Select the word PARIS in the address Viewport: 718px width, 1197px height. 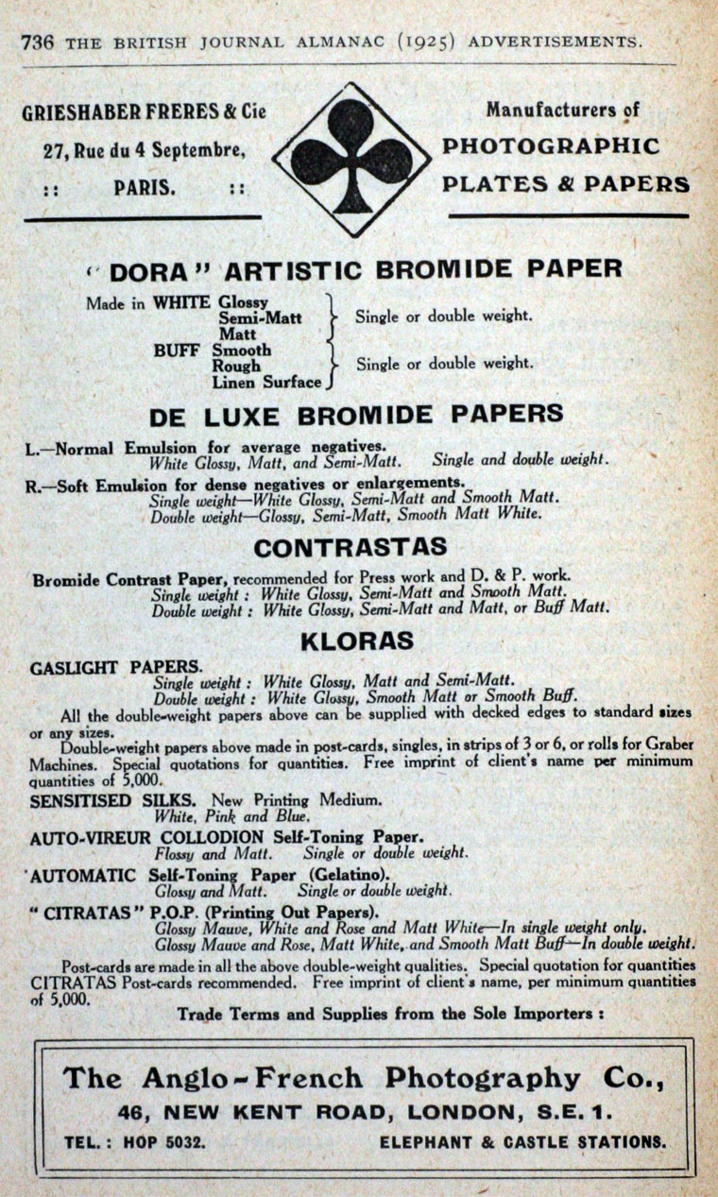[x=145, y=187]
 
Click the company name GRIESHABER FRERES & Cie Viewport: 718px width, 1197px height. [x=145, y=111]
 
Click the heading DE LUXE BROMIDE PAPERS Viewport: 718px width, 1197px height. [x=356, y=415]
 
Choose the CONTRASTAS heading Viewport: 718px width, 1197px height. [x=350, y=548]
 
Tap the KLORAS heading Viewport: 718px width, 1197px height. [x=357, y=641]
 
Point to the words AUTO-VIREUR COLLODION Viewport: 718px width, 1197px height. [x=146, y=837]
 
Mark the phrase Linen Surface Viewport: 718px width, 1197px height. [x=266, y=383]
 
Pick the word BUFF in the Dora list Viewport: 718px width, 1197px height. [x=177, y=350]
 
